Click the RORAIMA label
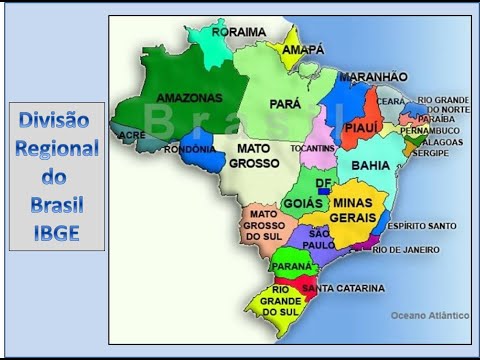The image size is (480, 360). tap(241, 32)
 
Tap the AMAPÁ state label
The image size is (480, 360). tap(305, 49)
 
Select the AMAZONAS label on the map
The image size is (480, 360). tap(189, 98)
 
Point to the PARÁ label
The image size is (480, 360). tap(285, 103)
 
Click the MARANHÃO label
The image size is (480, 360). tap(373, 77)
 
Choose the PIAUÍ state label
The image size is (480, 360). tap(359, 127)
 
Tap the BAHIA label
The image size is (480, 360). tap(371, 164)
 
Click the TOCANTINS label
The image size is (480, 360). tap(312, 148)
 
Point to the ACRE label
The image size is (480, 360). tap(131, 134)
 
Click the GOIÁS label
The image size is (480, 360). tap(302, 203)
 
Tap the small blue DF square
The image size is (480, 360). tap(323, 191)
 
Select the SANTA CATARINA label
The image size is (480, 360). tap(343, 288)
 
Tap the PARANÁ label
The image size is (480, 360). tap(293, 267)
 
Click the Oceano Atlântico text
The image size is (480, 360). tap(430, 315)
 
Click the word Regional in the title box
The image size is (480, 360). tap(57, 148)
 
